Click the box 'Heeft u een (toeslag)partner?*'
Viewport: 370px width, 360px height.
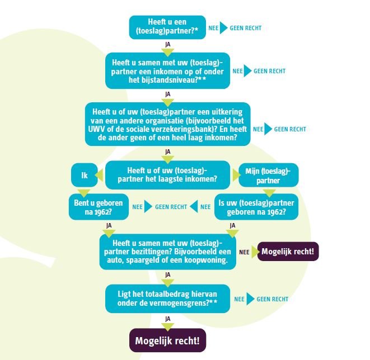pos(167,27)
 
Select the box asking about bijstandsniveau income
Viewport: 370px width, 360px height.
pos(167,70)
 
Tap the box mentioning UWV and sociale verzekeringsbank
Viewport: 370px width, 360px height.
pos(167,124)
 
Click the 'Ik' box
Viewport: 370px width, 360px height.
pos(84,175)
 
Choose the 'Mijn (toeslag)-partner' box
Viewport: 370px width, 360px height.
pos(269,175)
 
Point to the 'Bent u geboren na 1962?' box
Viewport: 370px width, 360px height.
pos(99,207)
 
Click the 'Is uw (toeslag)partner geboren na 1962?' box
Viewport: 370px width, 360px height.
pos(256,207)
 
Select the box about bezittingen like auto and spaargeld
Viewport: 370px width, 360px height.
pos(167,252)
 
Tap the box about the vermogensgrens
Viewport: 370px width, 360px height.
pos(167,299)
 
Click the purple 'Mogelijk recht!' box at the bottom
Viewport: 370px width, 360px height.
pos(167,340)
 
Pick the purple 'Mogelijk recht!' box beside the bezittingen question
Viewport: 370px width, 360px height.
pos(288,252)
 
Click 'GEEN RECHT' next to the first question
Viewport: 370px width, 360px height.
pos(246,28)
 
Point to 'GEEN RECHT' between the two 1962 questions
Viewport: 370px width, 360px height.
pos(171,207)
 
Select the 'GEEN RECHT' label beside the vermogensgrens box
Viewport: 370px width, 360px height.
pos(273,299)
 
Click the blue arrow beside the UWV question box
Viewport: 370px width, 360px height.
pos(268,129)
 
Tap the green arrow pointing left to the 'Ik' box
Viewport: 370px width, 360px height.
pos(99,176)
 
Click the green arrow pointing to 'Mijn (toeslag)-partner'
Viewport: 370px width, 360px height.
pos(236,176)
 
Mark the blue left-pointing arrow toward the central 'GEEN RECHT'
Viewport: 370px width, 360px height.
pos(194,207)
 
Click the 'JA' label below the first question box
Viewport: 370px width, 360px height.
pos(168,45)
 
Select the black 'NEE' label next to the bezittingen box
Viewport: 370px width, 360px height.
pos(244,252)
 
